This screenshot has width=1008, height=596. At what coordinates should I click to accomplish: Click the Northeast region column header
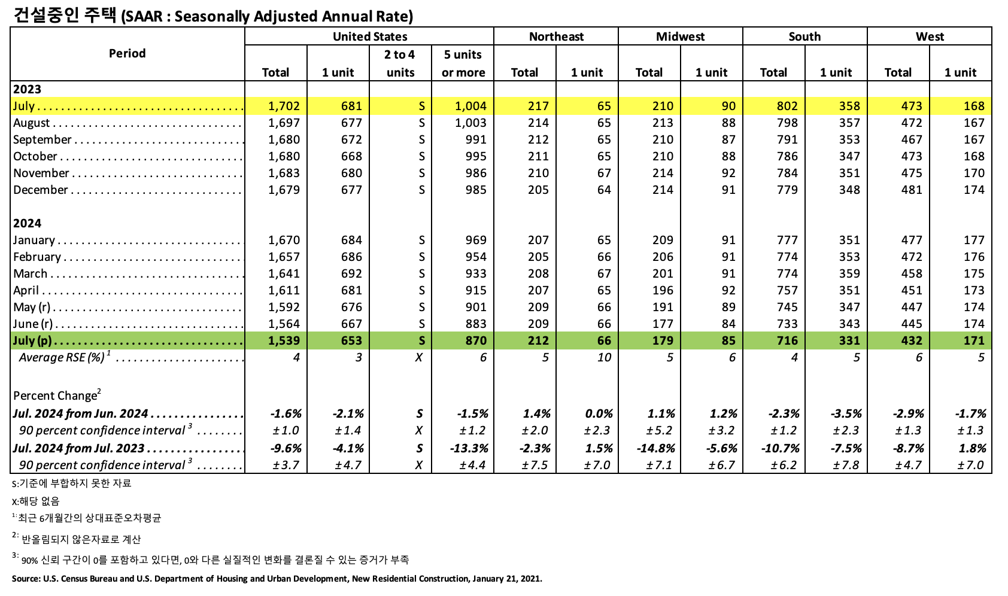tap(556, 37)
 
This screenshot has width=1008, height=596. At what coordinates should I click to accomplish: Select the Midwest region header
tap(680, 37)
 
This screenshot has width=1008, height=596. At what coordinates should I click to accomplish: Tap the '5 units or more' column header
tap(463, 63)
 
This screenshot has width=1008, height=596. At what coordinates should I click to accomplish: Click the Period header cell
tap(127, 53)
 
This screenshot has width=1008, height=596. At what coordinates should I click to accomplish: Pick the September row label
tap(42, 139)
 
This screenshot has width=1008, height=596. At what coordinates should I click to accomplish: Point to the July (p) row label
tap(32, 340)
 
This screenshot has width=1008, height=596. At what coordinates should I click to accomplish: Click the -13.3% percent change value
tap(472, 448)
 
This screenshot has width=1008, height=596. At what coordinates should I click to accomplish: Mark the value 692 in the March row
tap(351, 273)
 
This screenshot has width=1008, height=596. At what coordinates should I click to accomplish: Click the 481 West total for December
tap(912, 190)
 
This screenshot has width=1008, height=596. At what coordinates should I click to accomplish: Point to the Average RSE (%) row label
tap(62, 357)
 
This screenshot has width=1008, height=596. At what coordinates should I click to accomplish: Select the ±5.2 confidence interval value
tap(659, 430)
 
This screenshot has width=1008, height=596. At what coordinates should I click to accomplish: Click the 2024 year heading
tap(28, 223)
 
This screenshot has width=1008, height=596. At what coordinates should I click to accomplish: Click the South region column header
tap(804, 37)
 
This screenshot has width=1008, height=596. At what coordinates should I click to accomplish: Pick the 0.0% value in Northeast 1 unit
tap(599, 413)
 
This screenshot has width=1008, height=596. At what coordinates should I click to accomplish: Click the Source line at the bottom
tap(277, 579)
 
